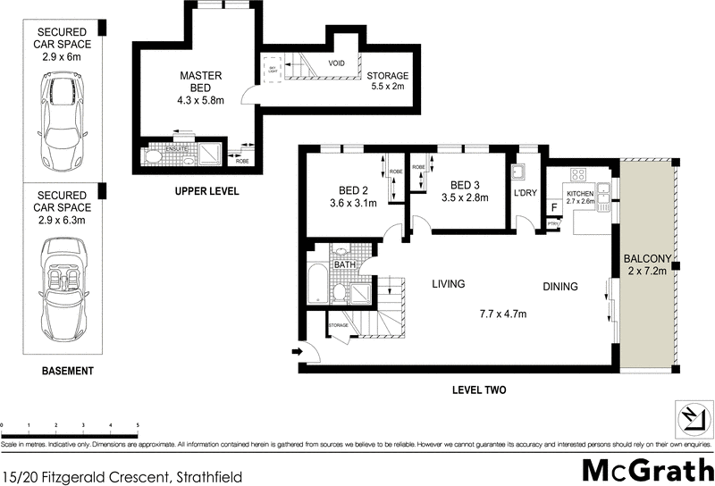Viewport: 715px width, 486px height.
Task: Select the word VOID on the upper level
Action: point(337,63)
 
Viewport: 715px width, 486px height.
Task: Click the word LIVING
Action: point(449,285)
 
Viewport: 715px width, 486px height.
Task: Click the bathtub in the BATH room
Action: point(317,287)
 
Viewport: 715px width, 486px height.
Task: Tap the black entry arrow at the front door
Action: point(296,352)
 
